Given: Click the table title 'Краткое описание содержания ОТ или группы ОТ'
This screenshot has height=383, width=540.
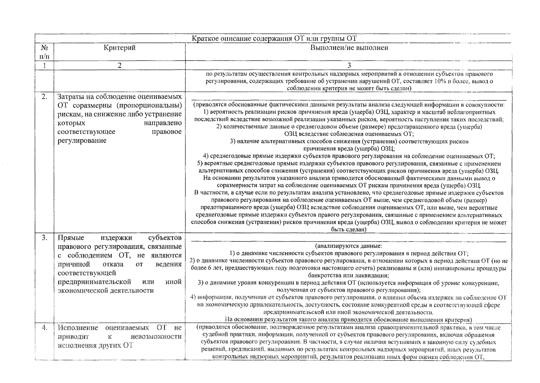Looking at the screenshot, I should tap(274, 39).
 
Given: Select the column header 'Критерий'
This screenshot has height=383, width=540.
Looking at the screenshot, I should tap(120, 48).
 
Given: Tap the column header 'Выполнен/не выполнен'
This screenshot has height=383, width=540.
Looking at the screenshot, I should tap(349, 48).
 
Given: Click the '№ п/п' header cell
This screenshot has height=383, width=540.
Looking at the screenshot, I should tap(44, 52).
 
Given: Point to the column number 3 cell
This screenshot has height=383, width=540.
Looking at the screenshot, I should tap(349, 65).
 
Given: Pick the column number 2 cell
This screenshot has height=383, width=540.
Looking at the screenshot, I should tap(120, 65).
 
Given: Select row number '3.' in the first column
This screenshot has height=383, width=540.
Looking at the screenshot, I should tap(44, 238).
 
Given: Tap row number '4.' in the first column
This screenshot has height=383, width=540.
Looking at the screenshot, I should tap(44, 328).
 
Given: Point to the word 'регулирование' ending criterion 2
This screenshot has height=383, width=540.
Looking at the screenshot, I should tap(82, 141).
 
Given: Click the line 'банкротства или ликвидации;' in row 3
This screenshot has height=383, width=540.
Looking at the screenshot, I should tap(349, 275).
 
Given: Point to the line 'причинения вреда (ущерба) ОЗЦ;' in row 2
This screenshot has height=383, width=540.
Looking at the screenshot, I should tap(349, 149).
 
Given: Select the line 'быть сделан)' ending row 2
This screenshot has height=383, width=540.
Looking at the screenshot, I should tap(349, 229).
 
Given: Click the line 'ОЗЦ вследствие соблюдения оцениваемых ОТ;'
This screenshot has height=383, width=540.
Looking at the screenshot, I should tap(349, 134).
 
